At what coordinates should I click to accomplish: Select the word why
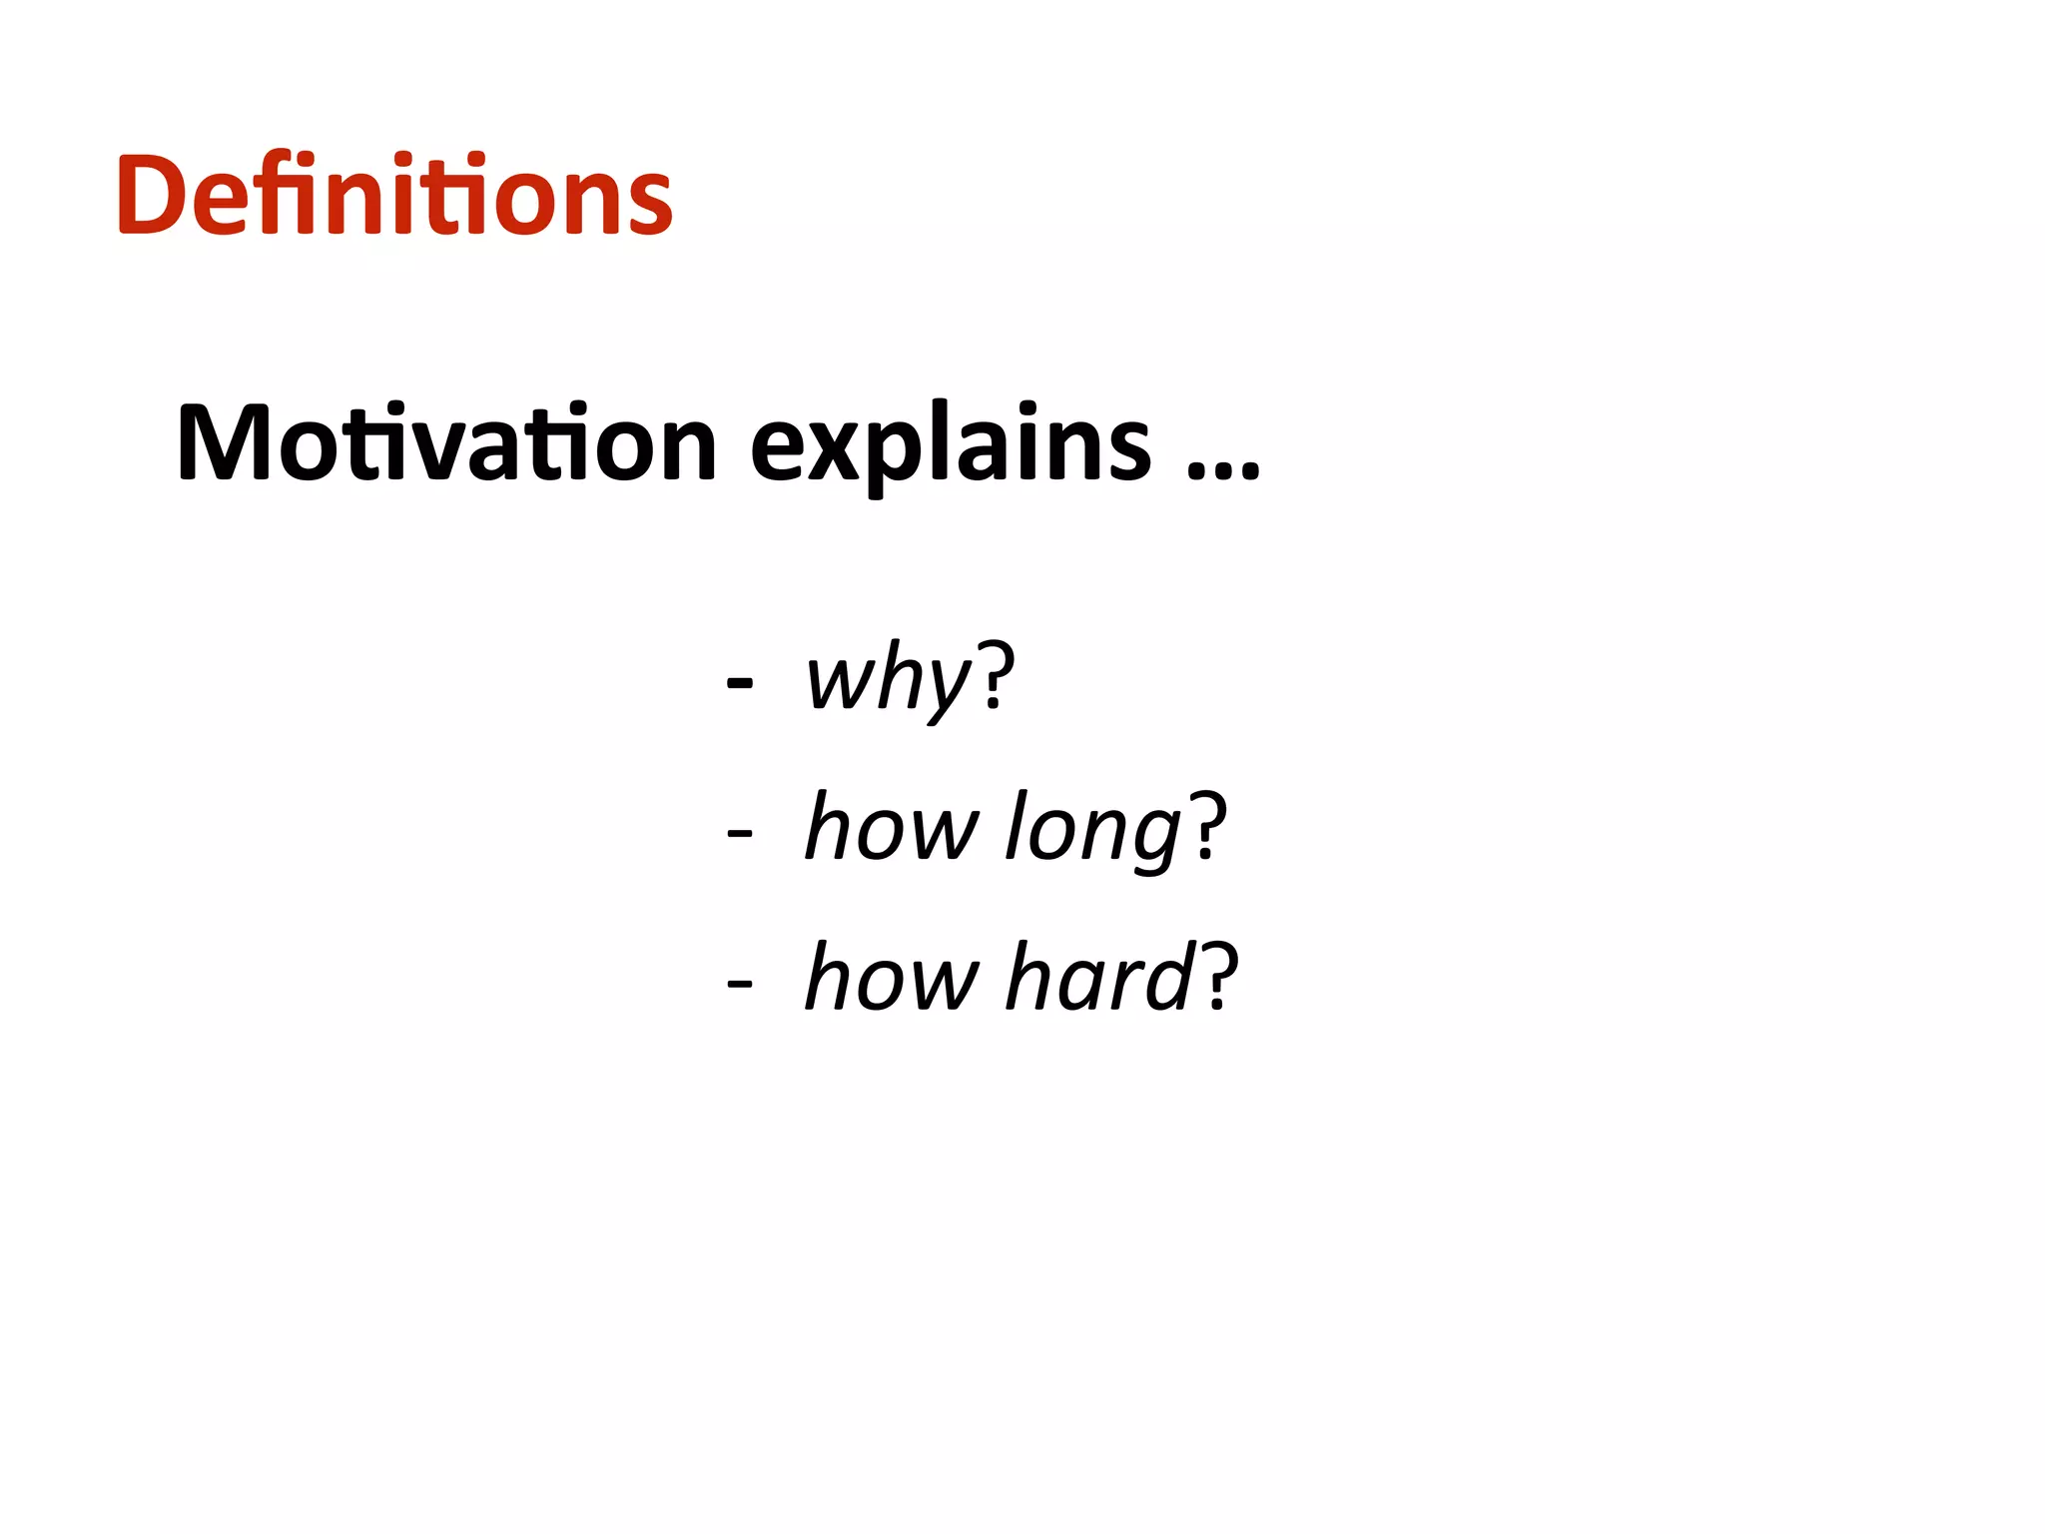click(888, 679)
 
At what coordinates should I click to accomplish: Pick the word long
click(1093, 829)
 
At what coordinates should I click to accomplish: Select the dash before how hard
click(740, 983)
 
